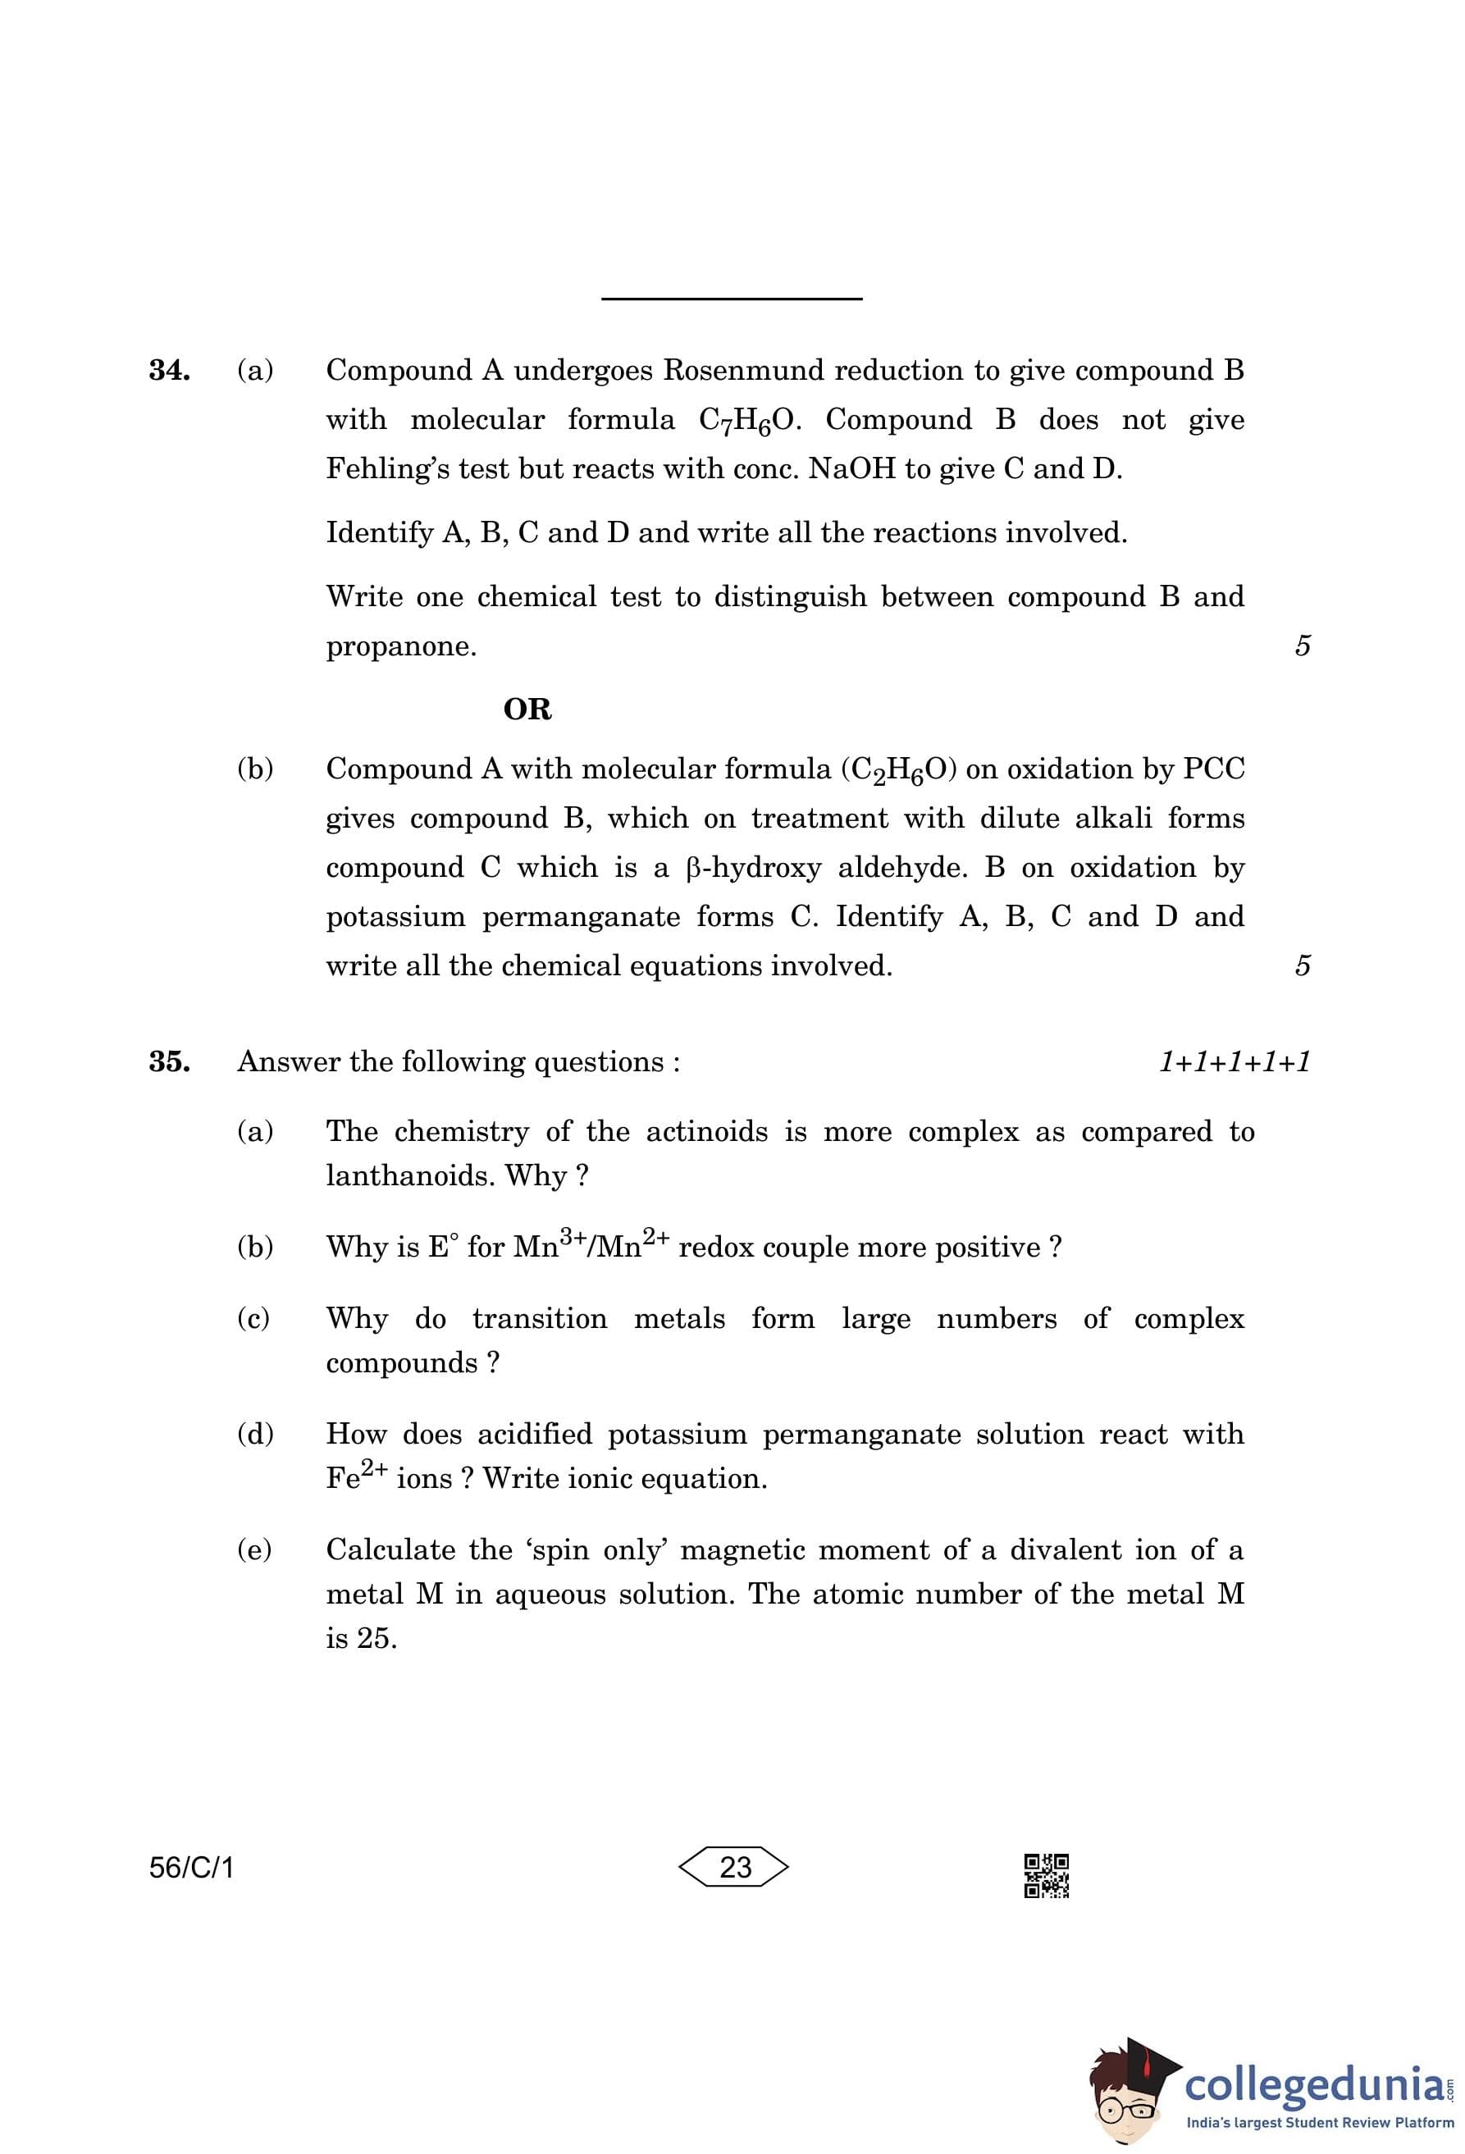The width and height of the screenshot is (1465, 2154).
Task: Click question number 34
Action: tap(170, 370)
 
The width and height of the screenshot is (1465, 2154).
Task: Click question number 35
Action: tap(170, 1061)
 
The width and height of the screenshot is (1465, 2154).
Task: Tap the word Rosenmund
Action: tap(744, 370)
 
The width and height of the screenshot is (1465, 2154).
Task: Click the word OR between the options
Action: tap(527, 709)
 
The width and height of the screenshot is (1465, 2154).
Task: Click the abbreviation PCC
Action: tap(1213, 769)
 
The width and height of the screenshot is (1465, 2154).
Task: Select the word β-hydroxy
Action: tap(753, 868)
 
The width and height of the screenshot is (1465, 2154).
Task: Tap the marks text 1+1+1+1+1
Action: tap(1235, 1061)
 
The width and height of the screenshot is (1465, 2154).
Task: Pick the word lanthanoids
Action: tap(409, 1176)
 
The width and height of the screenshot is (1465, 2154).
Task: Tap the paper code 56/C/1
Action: tap(192, 1867)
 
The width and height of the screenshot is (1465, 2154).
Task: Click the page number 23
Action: tap(735, 1867)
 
